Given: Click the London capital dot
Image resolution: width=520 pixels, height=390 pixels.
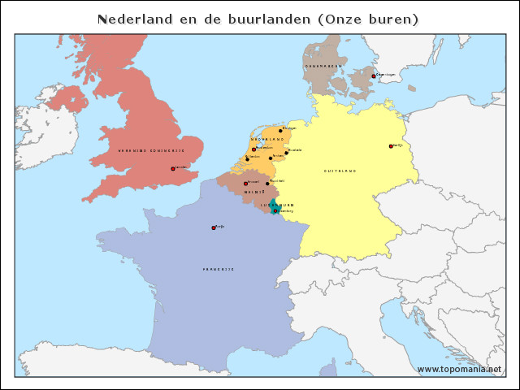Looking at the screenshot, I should coord(173,169).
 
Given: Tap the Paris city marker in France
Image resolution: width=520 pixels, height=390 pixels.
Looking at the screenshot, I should coord(214,227).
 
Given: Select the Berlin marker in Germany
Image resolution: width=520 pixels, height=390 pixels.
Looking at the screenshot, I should coord(392,146).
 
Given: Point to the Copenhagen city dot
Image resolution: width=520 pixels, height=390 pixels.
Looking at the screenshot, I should coord(374,76).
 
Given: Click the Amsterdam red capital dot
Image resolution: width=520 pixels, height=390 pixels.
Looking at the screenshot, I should coord(254,149).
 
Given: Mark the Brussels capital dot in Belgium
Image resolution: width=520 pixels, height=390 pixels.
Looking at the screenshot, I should coord(245,183).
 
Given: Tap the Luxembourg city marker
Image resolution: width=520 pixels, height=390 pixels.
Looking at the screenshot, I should coord(275,210).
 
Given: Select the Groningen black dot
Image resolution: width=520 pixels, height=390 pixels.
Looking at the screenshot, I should coord(281,129).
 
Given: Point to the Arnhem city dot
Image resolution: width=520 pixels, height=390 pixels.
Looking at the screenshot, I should coord(271,158).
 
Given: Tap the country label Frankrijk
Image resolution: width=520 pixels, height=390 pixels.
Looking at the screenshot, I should coord(219,269).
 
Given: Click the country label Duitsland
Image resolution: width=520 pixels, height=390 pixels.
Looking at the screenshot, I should coord(340,171).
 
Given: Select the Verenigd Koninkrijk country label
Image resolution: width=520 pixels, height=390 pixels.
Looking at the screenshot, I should coord(151,151).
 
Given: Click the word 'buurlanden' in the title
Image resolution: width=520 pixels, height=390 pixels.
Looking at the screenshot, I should coord(262,19).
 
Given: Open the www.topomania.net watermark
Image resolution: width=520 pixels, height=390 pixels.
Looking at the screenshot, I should coord(459,369).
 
